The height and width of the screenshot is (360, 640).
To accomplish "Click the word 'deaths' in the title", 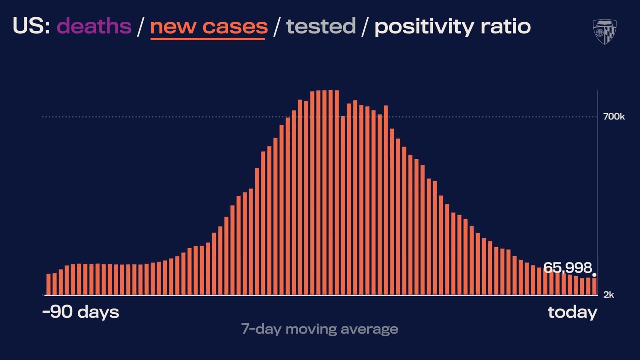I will [94, 26].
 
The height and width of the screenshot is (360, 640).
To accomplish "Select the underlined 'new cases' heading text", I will [209, 26].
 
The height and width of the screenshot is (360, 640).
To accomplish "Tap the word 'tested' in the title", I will [320, 26].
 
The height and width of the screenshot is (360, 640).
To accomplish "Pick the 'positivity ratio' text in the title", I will [452, 26].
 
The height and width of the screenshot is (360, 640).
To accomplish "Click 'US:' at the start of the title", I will [31, 26].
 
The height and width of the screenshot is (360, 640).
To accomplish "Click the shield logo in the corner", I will [604, 32].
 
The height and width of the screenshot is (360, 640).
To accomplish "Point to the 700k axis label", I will [614, 117].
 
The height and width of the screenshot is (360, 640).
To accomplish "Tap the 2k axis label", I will [608, 295].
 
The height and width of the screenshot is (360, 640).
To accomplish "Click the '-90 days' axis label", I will [81, 312].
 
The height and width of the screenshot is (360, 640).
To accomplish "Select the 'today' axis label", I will [572, 312].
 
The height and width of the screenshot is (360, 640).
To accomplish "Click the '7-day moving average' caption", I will [319, 329].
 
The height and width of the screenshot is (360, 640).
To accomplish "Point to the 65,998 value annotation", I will [567, 268].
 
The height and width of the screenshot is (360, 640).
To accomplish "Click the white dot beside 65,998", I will [594, 275].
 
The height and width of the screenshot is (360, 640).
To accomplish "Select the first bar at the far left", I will [49, 285].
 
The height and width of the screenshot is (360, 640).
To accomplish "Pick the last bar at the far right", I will [594, 286].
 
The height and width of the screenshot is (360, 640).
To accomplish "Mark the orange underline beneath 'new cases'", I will [208, 38].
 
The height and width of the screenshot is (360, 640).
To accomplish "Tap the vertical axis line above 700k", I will [598, 102].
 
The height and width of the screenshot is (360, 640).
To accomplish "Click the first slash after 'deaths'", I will [141, 26].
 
